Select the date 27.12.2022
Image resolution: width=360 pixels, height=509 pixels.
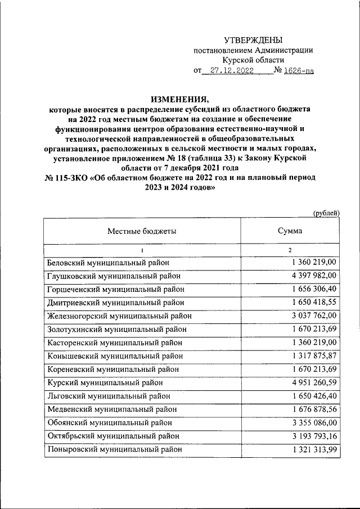[x=231, y=71]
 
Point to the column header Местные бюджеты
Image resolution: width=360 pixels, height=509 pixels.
[x=142, y=231]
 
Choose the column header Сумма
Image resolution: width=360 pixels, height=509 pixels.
[x=290, y=231]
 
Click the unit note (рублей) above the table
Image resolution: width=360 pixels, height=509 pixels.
[x=326, y=212]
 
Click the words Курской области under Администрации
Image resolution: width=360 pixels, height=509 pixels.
[x=253, y=60]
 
